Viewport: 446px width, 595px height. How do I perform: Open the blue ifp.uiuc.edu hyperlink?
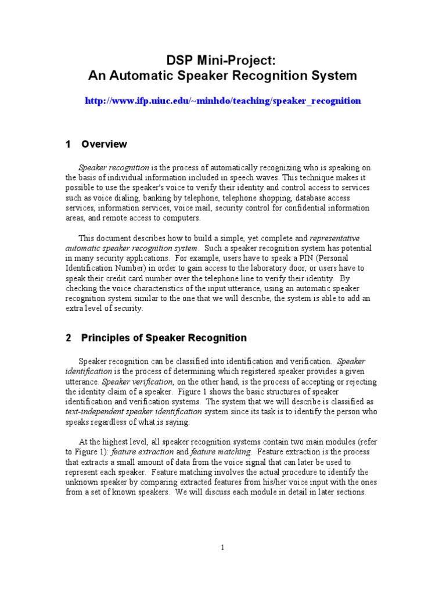click(x=223, y=101)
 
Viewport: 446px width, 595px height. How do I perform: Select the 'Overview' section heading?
click(x=105, y=144)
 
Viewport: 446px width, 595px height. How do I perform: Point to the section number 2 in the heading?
click(x=68, y=338)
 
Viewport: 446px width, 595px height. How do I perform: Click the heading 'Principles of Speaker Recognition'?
click(x=164, y=338)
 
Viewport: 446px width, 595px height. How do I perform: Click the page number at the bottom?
click(x=223, y=547)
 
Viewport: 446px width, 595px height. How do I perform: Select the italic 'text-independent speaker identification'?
click(x=134, y=411)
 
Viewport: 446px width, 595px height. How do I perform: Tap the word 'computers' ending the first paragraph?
click(x=181, y=218)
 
